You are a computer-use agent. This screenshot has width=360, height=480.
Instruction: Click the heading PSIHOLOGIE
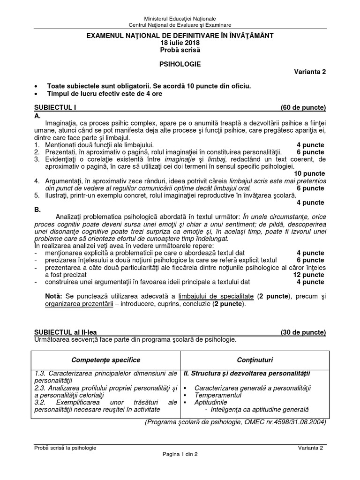tap(180, 64)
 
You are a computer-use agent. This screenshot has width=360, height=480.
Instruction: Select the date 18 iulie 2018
tap(180, 43)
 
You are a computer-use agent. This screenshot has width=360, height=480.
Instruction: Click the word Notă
tap(55, 297)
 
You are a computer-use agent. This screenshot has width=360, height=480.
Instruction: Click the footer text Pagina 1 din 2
tap(180, 455)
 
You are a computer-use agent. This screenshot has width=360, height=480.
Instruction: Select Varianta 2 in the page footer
tap(311, 448)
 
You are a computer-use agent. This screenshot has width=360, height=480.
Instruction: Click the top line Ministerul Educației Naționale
tap(180, 17)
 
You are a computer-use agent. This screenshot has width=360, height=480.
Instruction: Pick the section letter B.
tap(37, 210)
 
